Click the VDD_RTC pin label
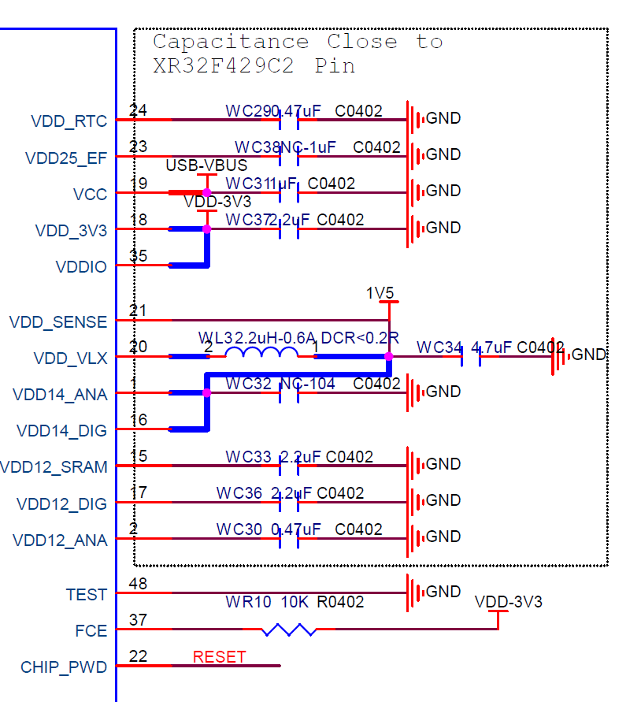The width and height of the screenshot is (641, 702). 69,121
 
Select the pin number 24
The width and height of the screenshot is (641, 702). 138,111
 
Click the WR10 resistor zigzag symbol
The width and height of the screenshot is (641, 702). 289,630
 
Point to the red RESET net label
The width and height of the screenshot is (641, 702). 219,657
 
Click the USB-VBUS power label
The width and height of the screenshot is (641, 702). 206,166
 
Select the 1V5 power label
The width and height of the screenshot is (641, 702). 380,294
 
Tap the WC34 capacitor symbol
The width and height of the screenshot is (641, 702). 470,357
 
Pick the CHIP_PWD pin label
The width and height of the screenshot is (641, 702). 64,667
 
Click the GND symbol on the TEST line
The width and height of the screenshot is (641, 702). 411,592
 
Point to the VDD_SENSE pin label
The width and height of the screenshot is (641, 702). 58,322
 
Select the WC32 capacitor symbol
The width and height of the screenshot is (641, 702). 289,392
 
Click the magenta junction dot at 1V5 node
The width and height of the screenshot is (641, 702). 389,356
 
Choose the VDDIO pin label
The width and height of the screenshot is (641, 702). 81,267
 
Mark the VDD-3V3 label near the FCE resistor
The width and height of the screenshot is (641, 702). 508,603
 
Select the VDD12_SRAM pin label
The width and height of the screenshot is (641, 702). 54,467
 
